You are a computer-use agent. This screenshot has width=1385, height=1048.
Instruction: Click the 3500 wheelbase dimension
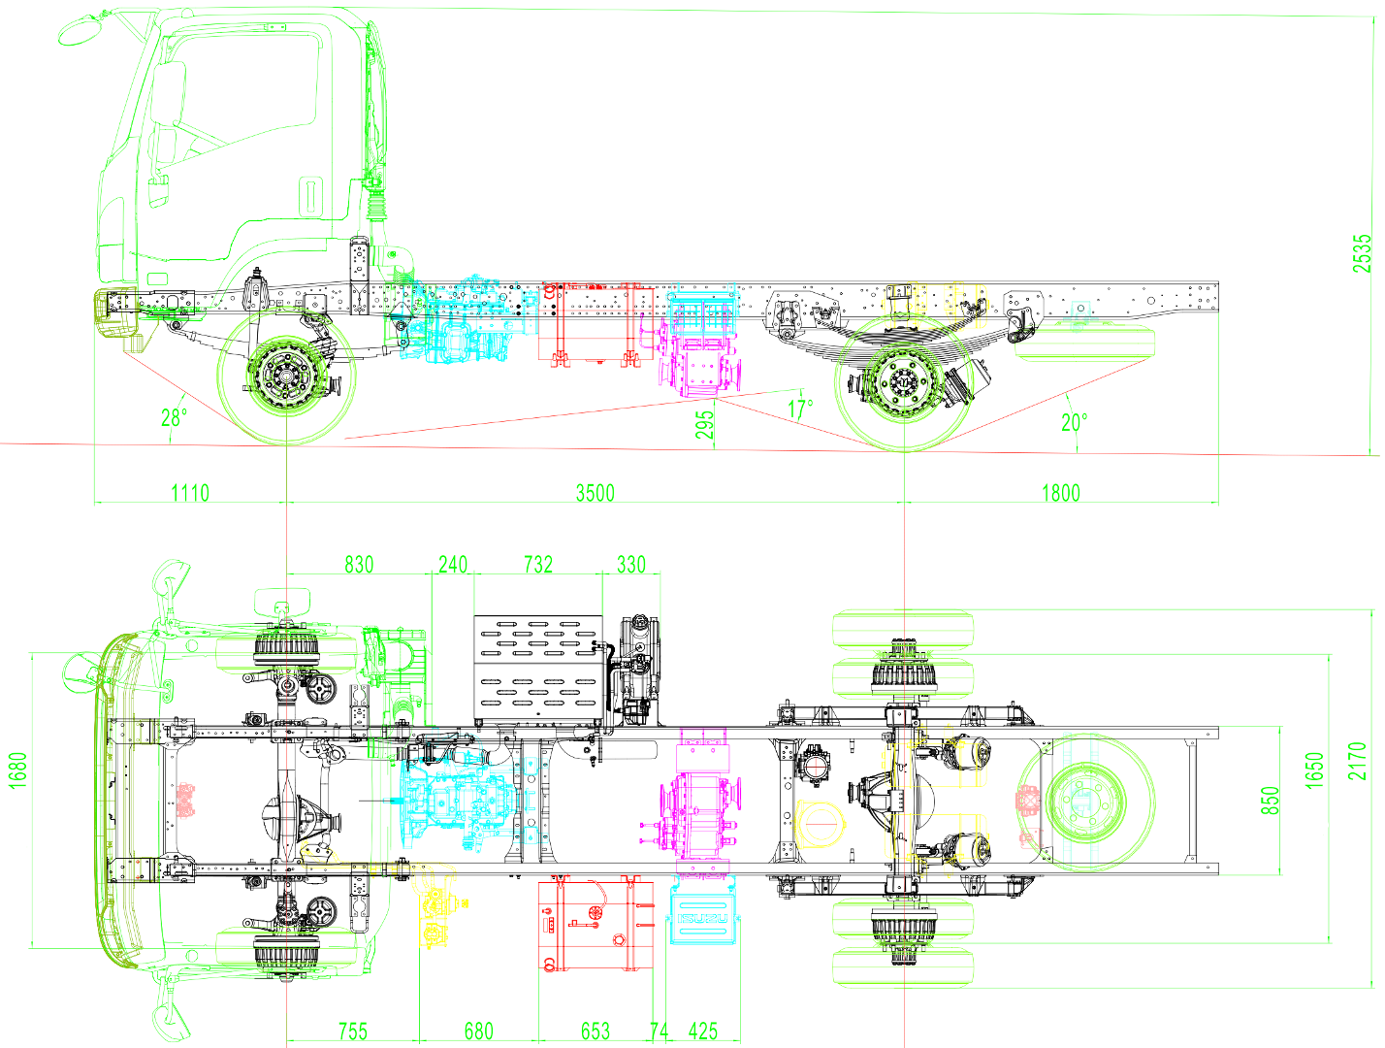pyautogui.click(x=595, y=493)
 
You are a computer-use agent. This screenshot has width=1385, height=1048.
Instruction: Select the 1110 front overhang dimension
pyautogui.click(x=190, y=493)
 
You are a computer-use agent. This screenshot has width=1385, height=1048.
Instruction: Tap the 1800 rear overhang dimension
pyautogui.click(x=1060, y=493)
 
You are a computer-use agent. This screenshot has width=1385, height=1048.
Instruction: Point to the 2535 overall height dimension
pyautogui.click(x=1362, y=253)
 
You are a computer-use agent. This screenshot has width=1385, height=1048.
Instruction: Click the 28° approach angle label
pyautogui.click(x=175, y=418)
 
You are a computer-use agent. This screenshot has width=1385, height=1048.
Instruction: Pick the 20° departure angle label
pyautogui.click(x=1074, y=422)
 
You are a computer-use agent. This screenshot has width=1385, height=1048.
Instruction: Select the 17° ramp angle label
pyautogui.click(x=800, y=409)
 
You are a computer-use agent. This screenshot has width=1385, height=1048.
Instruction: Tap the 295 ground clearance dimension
pyautogui.click(x=705, y=424)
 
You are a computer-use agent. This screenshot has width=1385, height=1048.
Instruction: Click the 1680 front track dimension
pyautogui.click(x=17, y=770)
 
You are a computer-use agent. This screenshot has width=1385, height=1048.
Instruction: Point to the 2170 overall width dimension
pyautogui.click(x=1357, y=761)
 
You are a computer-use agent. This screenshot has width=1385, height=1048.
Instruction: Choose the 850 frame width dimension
pyautogui.click(x=1270, y=800)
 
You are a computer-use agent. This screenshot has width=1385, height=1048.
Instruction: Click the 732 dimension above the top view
pyautogui.click(x=538, y=565)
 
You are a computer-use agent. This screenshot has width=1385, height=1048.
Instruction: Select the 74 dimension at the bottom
pyautogui.click(x=659, y=1031)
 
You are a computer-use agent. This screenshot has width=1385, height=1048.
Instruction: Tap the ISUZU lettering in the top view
pyautogui.click(x=702, y=919)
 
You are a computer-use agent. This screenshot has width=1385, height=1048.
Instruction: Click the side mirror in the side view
pyautogui.click(x=81, y=30)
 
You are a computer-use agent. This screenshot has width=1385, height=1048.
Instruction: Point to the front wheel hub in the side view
pyautogui.click(x=286, y=376)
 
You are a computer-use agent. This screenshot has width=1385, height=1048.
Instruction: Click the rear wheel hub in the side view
pyautogui.click(x=903, y=380)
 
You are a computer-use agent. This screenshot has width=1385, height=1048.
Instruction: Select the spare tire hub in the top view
pyautogui.click(x=1085, y=802)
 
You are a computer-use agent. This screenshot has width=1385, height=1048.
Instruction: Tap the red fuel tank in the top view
pyautogui.click(x=596, y=926)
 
